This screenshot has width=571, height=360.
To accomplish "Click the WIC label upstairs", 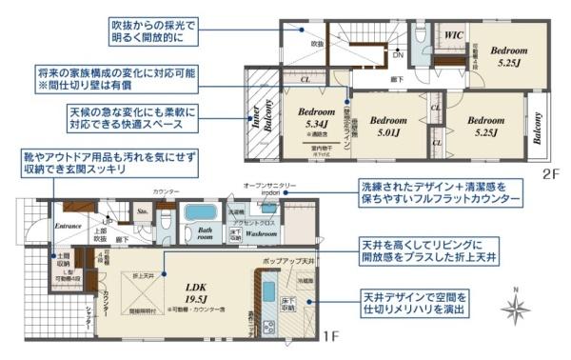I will tap(455, 35).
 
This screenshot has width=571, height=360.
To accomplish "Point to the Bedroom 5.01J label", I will tap(387, 126).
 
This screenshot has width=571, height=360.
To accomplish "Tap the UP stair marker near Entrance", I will tap(108, 222).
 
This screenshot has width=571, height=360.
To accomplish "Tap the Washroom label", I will tap(262, 231).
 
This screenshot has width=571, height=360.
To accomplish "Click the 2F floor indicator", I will tap(538, 175).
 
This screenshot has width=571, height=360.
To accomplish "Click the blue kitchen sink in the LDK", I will tap(269, 290).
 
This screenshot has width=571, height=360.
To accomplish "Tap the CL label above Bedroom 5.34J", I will tap(305, 80).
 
